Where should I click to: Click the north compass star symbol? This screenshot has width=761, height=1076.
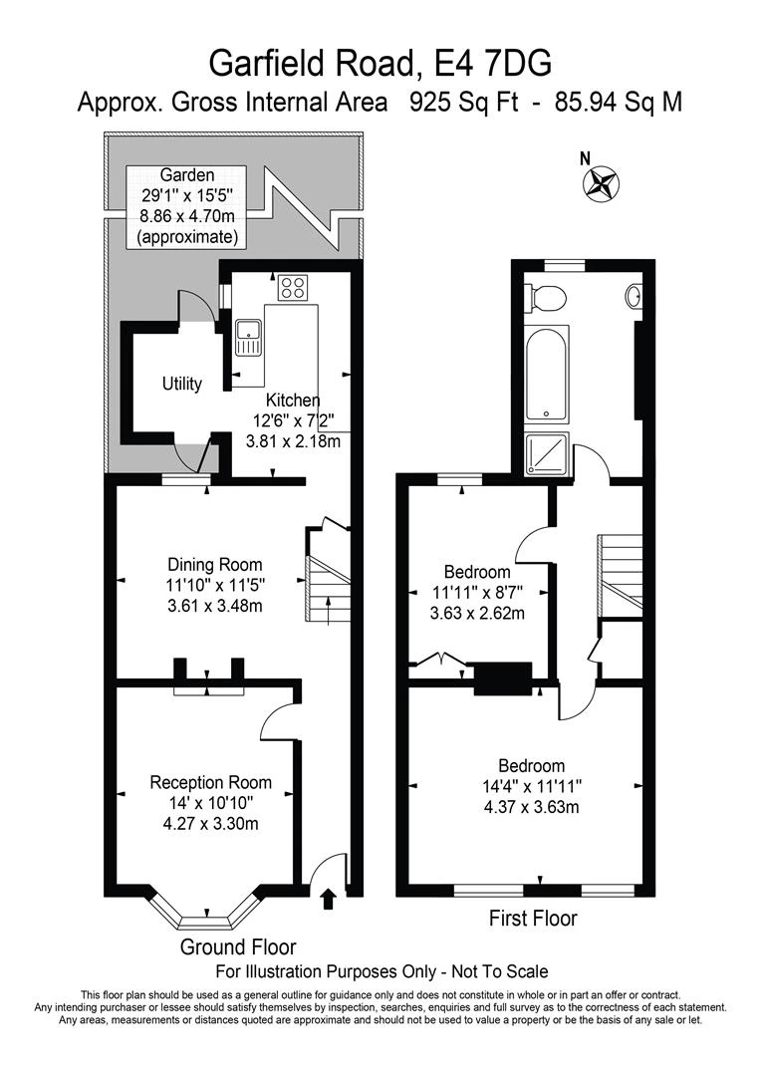(x=601, y=184)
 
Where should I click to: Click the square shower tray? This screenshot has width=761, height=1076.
(x=547, y=453)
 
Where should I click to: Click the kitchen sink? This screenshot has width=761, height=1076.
(x=248, y=337)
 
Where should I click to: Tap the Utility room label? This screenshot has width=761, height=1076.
(x=182, y=383)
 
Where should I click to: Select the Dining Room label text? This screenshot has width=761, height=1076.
(x=215, y=565)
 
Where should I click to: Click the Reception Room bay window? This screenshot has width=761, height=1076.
(x=206, y=907)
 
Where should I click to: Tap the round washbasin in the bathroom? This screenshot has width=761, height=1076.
(x=634, y=296)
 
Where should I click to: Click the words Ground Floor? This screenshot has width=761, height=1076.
(x=238, y=947)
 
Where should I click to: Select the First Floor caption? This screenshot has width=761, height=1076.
(x=533, y=919)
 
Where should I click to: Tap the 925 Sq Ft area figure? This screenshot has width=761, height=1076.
(x=464, y=103)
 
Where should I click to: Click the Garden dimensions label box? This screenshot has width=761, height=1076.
(x=187, y=206)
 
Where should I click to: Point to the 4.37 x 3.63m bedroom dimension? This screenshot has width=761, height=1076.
(x=531, y=807)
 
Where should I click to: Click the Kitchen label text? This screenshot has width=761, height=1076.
(x=293, y=401)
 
